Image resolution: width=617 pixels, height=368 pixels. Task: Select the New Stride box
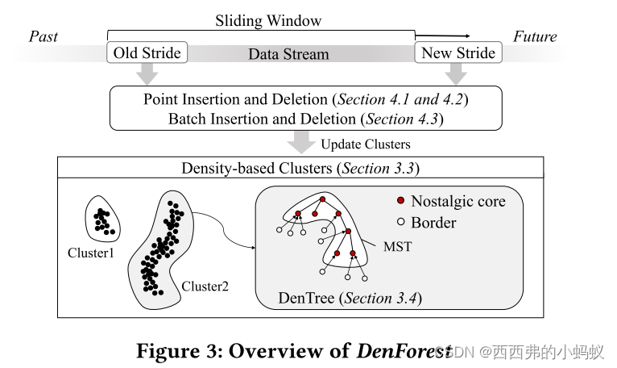457,53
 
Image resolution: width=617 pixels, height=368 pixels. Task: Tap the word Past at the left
43,36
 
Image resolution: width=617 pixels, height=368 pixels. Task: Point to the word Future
535,36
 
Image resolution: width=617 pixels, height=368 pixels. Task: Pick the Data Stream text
288,55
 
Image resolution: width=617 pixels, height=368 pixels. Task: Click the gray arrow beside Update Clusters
302,143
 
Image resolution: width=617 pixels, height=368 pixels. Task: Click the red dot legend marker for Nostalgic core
400,201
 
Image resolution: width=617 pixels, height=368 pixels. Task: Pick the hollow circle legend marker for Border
400,221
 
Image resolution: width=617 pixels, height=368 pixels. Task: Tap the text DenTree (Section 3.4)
350,299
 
